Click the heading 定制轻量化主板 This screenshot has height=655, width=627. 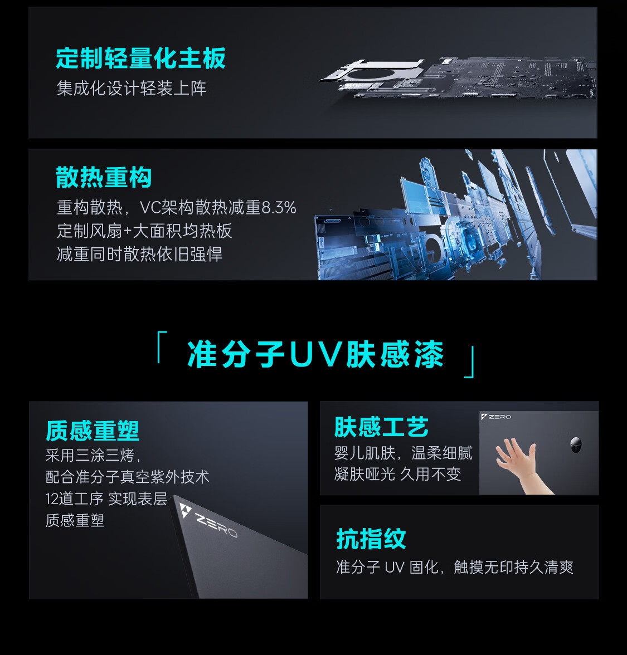tap(141, 58)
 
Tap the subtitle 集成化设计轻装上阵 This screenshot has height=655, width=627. tap(132, 88)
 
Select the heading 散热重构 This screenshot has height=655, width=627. tap(104, 177)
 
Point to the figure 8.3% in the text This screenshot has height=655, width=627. tap(279, 207)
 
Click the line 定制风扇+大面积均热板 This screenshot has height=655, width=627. tap(144, 231)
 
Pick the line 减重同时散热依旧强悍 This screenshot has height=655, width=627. tap(139, 254)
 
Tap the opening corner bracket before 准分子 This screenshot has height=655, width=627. tap(162, 346)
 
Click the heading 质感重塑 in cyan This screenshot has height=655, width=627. tap(93, 431)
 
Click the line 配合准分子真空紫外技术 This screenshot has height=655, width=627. tap(128, 477)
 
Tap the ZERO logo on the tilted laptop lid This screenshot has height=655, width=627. tap(208, 520)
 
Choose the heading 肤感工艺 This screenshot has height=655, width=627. tap(381, 427)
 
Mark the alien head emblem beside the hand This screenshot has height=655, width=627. tap(576, 446)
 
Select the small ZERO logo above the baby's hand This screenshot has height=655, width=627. tap(496, 417)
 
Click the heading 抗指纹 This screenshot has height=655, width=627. tap(371, 539)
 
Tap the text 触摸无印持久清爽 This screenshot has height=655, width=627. tap(514, 567)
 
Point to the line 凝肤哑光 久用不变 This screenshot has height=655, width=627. tap(397, 474)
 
